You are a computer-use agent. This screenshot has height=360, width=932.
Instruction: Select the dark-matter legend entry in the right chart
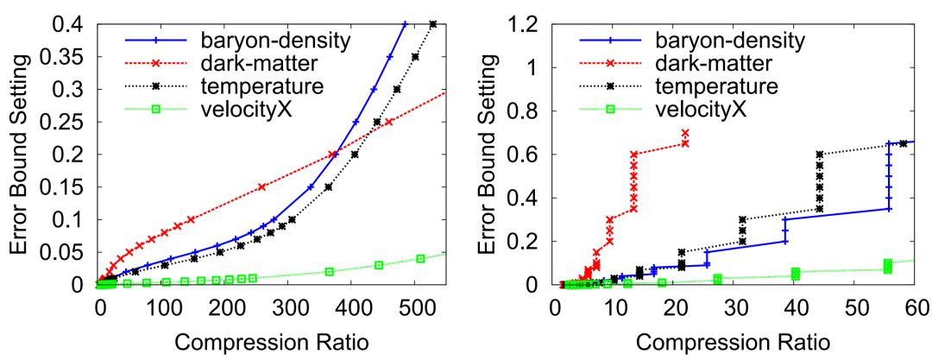[x=702, y=63]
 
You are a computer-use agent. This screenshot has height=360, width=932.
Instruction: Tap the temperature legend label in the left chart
[x=250, y=86]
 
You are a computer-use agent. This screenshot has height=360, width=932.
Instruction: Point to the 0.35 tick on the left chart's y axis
[x=72, y=57]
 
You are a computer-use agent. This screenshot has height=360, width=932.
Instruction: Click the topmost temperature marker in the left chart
[x=433, y=24]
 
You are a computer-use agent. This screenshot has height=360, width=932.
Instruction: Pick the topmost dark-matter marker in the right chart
[x=685, y=133]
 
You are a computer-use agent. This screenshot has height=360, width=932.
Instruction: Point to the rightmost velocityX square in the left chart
[x=420, y=259]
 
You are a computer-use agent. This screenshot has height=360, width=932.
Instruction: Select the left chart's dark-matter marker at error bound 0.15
[x=261, y=186]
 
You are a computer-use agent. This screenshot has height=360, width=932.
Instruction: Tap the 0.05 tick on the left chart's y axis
[x=72, y=252]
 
